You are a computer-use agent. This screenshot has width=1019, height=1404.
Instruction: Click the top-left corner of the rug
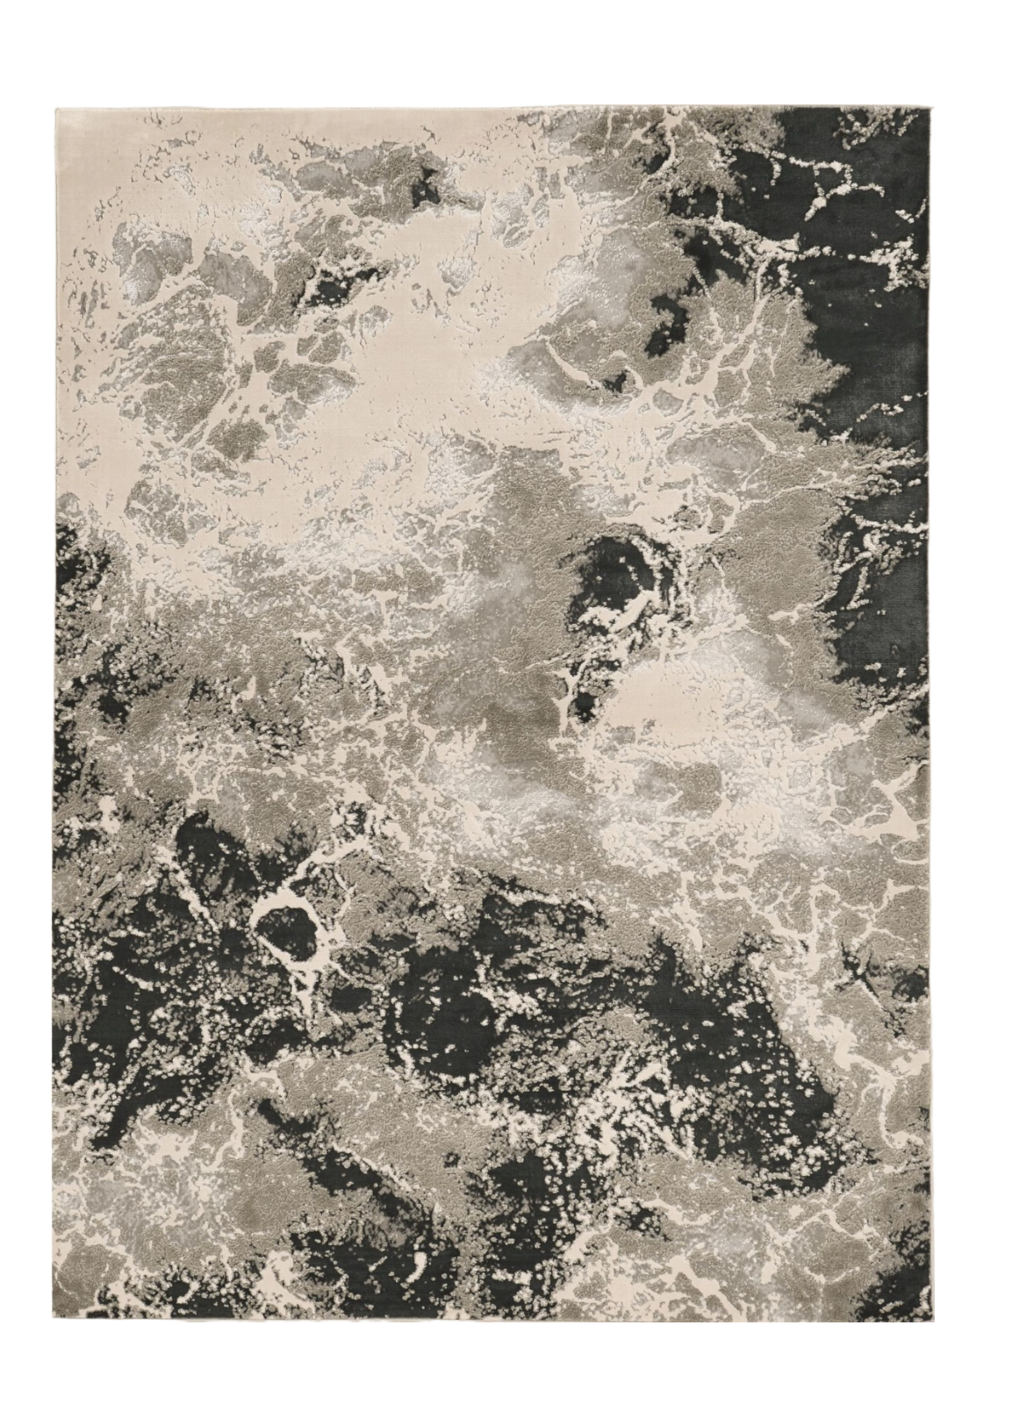pyautogui.click(x=54, y=108)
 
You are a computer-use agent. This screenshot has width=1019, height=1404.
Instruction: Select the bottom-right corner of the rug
pyautogui.click(x=929, y=1322)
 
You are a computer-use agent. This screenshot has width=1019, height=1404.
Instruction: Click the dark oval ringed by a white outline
pyautogui.click(x=286, y=932)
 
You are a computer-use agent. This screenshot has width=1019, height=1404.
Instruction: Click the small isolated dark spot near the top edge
pyautogui.click(x=427, y=184)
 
